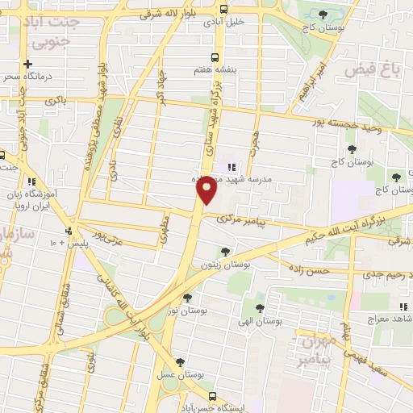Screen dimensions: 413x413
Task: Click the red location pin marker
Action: pyautogui.click(x=206, y=189)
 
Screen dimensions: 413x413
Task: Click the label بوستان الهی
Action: pyautogui.click(x=258, y=320)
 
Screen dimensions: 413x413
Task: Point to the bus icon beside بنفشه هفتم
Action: pyautogui.click(x=215, y=57)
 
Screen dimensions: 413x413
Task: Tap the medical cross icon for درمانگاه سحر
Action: pyautogui.click(x=27, y=64)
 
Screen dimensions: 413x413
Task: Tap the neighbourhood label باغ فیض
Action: pyautogui.click(x=373, y=70)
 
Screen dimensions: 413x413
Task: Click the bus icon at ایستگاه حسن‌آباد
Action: pyautogui.click(x=213, y=396)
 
